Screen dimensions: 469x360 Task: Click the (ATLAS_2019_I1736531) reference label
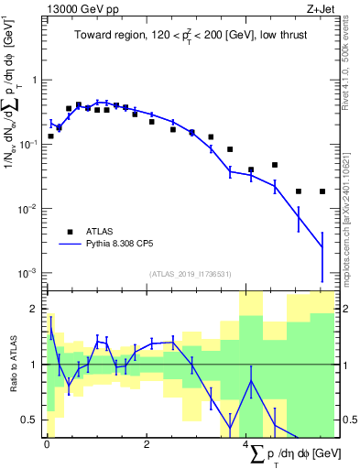click(x=188, y=273)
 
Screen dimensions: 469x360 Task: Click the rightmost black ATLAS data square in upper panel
click(x=322, y=191)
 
